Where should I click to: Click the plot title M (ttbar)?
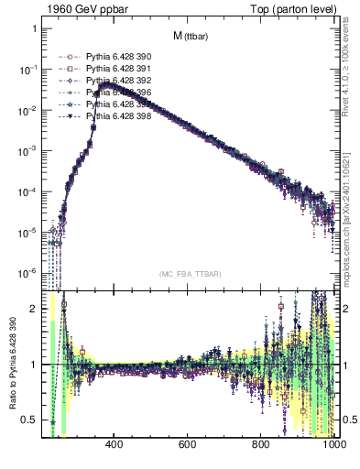point(191,37)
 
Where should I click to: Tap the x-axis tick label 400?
point(115,446)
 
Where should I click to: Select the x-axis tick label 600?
point(187,446)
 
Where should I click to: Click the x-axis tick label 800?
point(260,446)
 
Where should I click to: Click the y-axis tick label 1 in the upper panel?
point(34,29)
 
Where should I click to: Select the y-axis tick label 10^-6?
point(27,273)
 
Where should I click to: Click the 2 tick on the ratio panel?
point(34,309)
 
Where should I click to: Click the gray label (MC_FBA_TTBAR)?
point(191,274)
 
